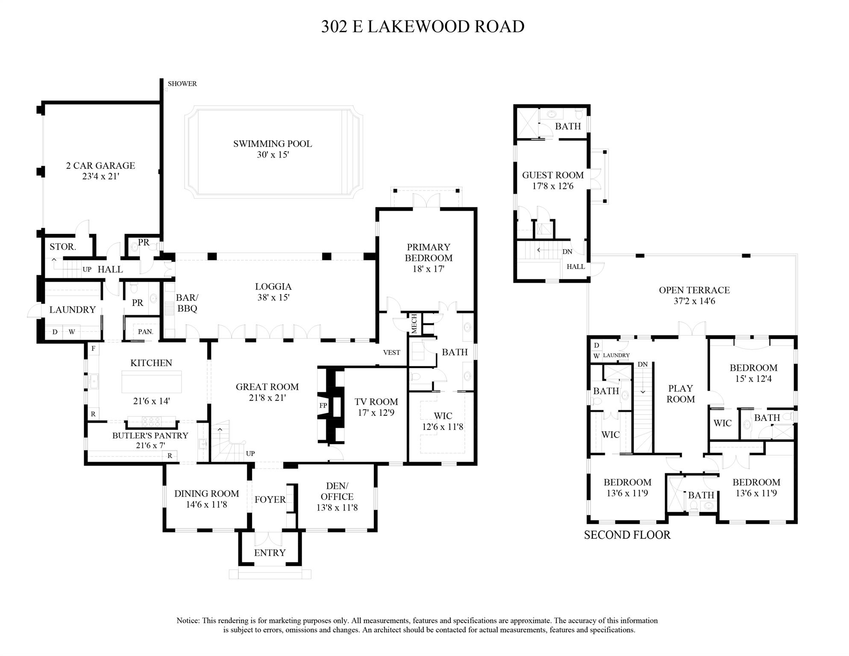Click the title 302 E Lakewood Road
pyautogui.click(x=423, y=26)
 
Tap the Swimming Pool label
pyautogui.click(x=272, y=144)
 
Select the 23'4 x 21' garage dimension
pyautogui.click(x=100, y=177)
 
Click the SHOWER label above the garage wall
pyautogui.click(x=182, y=84)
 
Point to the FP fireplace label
pyautogui.click(x=323, y=405)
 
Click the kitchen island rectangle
pyautogui.click(x=151, y=382)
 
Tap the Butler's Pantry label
pyautogui.click(x=150, y=435)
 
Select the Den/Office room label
pyautogui.click(x=337, y=491)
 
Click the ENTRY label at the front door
pyautogui.click(x=270, y=553)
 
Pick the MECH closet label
pyautogui.click(x=414, y=324)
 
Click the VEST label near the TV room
pyautogui.click(x=391, y=353)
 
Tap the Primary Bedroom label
pyautogui.click(x=428, y=253)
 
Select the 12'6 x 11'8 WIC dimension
pyautogui.click(x=443, y=427)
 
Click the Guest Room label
pyautogui.click(x=552, y=175)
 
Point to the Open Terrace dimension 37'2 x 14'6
pyautogui.click(x=694, y=301)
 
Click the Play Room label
pyautogui.click(x=681, y=394)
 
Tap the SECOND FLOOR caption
pyautogui.click(x=627, y=535)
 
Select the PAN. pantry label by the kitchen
pyautogui.click(x=145, y=332)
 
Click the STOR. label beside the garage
pyautogui.click(x=62, y=247)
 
